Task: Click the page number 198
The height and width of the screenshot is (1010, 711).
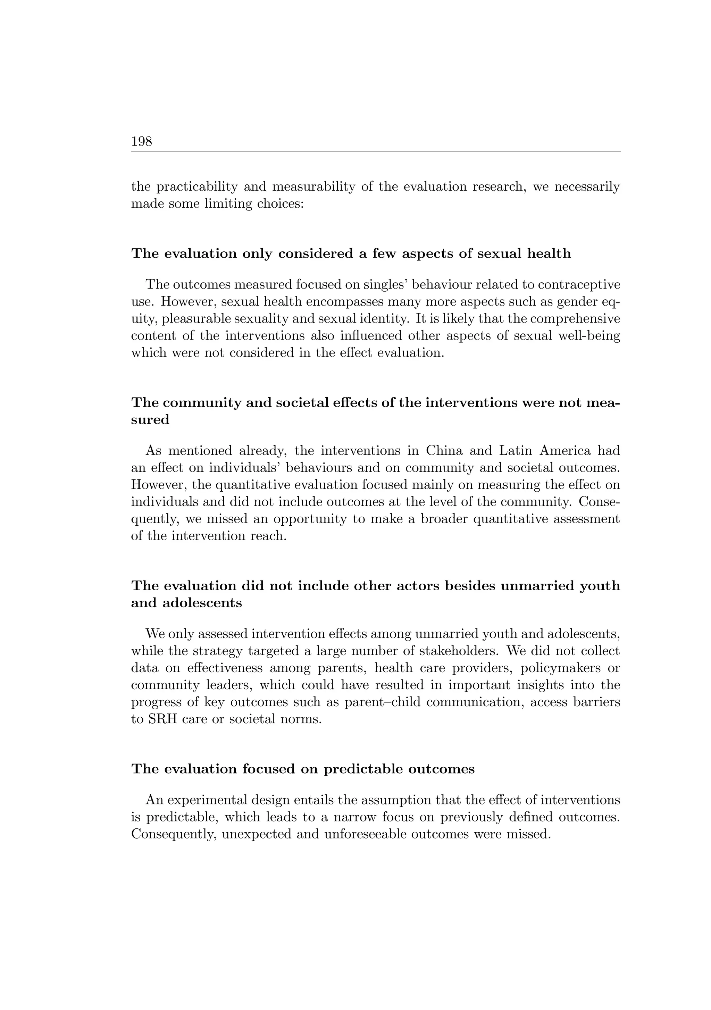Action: coord(141,142)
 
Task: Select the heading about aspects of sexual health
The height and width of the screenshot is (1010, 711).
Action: coord(351,254)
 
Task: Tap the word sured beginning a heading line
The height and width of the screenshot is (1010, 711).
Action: coord(150,420)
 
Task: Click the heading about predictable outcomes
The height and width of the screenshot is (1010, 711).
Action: coord(303,769)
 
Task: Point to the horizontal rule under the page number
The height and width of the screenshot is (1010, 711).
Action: coord(375,151)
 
